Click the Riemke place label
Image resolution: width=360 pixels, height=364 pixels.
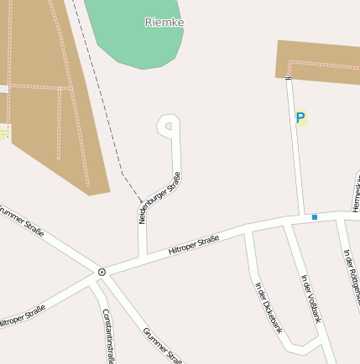tap(164, 22)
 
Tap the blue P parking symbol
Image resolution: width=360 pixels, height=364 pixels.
tap(300, 118)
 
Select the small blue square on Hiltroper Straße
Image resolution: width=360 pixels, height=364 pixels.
tap(315, 217)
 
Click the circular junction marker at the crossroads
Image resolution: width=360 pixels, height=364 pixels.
tap(102, 272)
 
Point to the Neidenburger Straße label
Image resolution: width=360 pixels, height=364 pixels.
tap(159, 198)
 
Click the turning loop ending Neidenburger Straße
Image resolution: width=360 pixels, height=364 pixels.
tap(169, 127)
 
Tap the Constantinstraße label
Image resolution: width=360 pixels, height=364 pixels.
tap(107, 335)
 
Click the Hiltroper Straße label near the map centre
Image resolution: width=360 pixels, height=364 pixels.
tap(194, 245)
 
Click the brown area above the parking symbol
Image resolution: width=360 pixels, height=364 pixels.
tap(319, 60)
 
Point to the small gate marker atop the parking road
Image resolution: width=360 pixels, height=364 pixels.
tap(288, 78)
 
